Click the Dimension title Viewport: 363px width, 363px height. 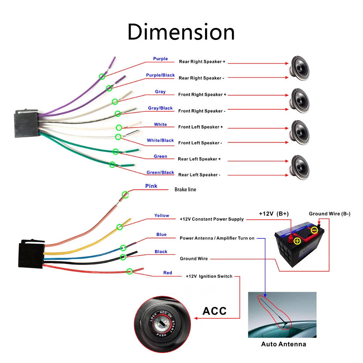click(x=181, y=32)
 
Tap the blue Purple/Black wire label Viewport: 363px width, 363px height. click(x=160, y=75)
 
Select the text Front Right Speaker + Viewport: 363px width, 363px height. click(x=202, y=95)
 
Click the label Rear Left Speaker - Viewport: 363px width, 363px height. click(x=199, y=175)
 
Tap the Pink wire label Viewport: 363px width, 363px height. click(x=151, y=186)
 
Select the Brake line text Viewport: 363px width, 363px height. click(x=185, y=189)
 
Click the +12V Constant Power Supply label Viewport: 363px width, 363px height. click(x=212, y=219)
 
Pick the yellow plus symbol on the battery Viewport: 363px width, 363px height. click(x=297, y=241)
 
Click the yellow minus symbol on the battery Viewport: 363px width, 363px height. click(x=315, y=230)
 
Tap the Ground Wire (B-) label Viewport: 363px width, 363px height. click(x=330, y=214)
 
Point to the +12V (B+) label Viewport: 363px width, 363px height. click(x=274, y=214)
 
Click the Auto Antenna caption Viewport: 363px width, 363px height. click(x=284, y=344)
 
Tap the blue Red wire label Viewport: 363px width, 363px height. click(x=168, y=273)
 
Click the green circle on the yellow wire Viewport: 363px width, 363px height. click(x=119, y=227)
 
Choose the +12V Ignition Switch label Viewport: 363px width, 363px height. click(x=209, y=276)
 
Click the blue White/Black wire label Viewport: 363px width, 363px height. click(x=160, y=140)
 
